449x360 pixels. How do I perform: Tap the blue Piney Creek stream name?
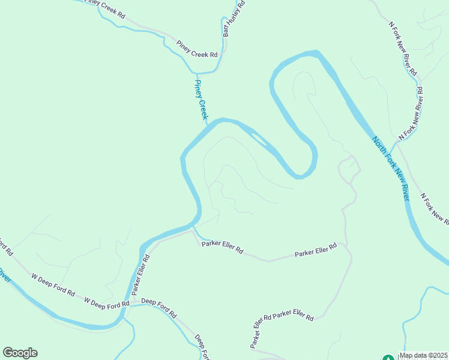200,100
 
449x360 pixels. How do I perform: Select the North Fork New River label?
391,169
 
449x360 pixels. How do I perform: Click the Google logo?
20,353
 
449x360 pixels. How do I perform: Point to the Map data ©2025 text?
424,355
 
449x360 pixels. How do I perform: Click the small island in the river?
260,140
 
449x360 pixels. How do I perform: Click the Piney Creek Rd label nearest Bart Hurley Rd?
197,49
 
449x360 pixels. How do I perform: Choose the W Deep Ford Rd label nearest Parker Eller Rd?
107,302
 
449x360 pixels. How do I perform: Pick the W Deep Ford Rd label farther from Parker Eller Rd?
53,286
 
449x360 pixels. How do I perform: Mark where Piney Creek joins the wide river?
208,124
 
